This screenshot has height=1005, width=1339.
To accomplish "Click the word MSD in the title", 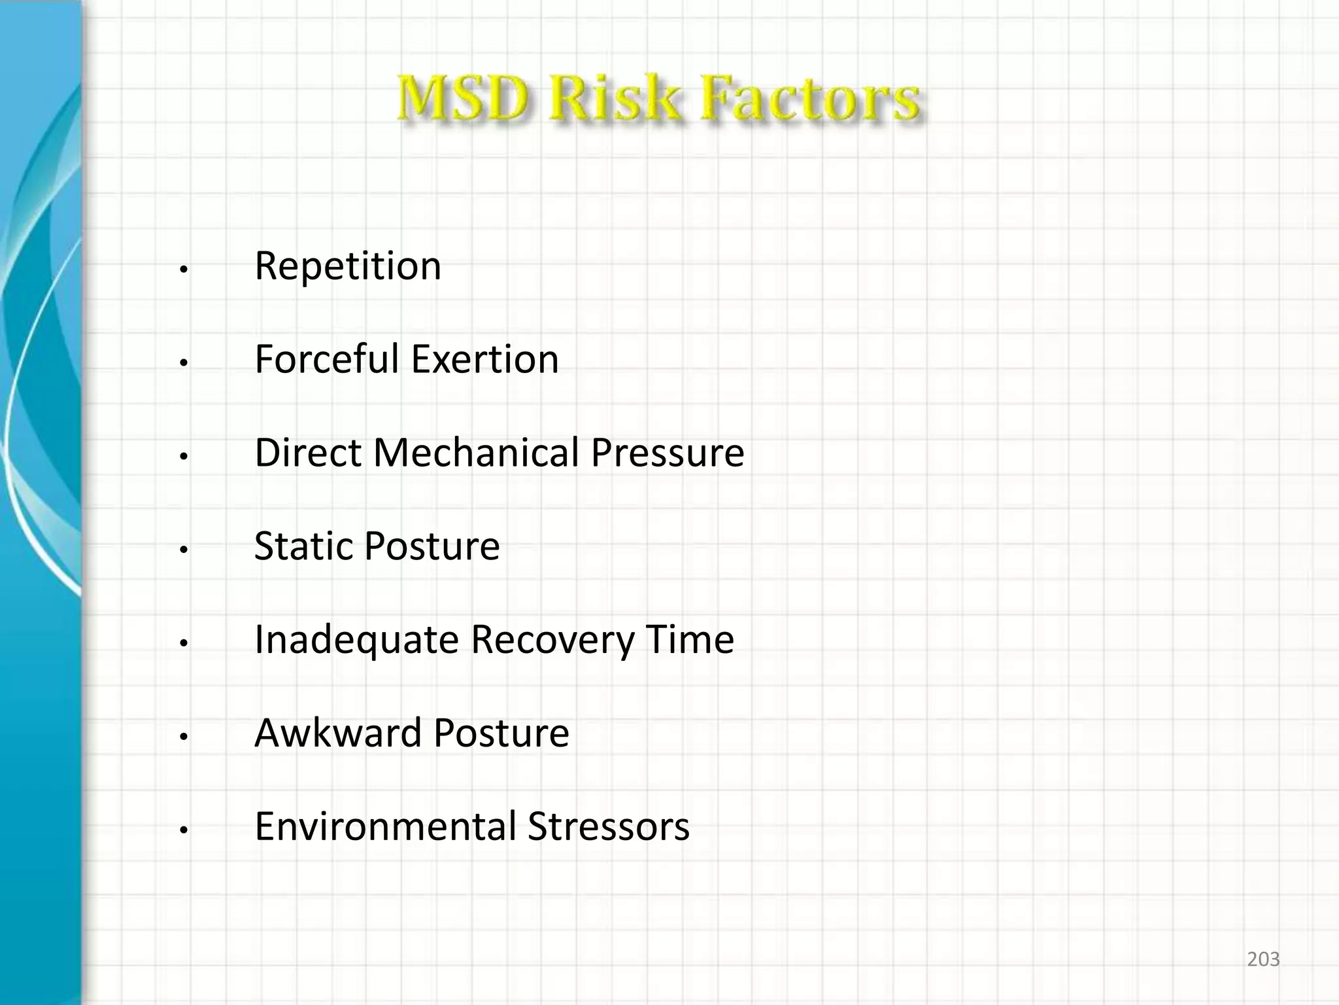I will coord(463,99).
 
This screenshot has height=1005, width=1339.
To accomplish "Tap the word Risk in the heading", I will coord(614,99).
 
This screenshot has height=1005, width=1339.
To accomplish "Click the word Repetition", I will coord(348,266).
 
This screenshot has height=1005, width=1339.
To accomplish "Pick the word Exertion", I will coord(484,359).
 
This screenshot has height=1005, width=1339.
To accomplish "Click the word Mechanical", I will coord(476,453).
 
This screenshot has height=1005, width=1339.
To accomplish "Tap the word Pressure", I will coord(668,453).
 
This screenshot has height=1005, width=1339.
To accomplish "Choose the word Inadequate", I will coord(357,639).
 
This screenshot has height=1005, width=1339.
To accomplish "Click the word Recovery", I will coord(552,639).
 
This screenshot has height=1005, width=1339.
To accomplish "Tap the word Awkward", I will coord(338,733).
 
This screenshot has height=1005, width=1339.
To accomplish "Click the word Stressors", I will coord(609,826).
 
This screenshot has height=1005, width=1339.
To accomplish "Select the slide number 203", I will coord(1263,959).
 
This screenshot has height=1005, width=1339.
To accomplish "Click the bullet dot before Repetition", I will coord(184,270).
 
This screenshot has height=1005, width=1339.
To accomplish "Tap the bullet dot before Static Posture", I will coord(184,550).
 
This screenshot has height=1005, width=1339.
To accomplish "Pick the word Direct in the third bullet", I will coord(308,453).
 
